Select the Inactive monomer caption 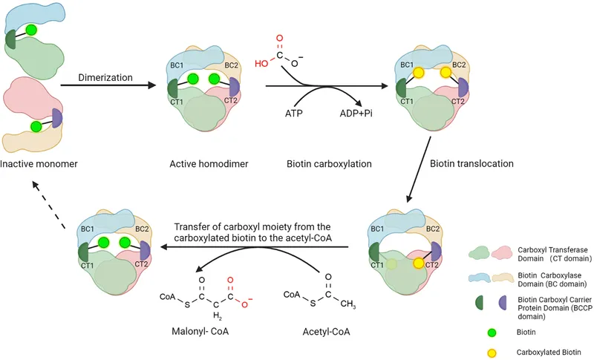pyautogui.click(x=41, y=164)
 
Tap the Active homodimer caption pyautogui.click(x=198, y=164)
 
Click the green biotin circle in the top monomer pyautogui.click(x=31, y=30)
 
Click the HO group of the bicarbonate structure pyautogui.click(x=261, y=65)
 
